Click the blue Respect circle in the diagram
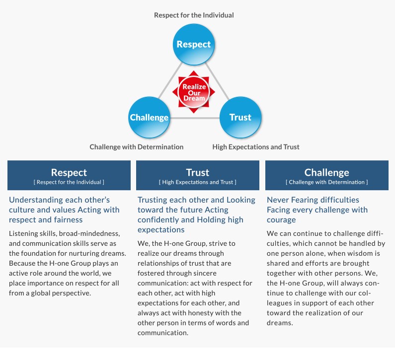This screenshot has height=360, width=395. point(193,44)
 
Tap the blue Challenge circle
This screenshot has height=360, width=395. point(149,117)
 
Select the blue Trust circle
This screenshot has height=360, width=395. point(240,117)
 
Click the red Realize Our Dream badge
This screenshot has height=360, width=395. point(193,92)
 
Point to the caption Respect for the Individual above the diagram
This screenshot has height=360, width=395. point(194,15)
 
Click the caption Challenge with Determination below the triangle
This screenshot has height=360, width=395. point(136,147)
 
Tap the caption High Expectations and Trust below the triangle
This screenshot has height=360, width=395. point(256,147)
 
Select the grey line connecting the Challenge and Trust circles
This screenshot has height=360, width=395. point(195,118)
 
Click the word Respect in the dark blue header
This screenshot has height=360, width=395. point(69,173)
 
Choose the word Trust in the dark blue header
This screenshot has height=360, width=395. point(198,173)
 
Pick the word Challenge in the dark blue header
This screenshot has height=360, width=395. point(326,173)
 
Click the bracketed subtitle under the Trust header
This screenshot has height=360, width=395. point(198,182)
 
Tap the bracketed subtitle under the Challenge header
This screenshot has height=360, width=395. point(327,182)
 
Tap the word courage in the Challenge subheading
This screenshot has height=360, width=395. point(281,220)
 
